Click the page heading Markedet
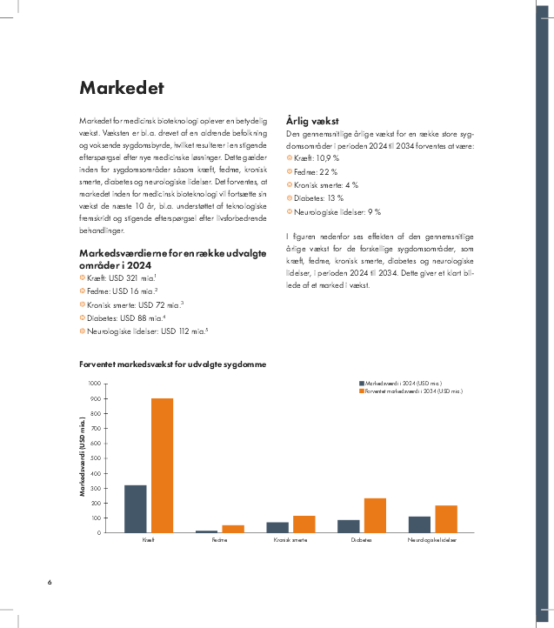122,88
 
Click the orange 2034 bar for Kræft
163,465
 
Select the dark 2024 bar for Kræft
135,509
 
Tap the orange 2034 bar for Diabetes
375,516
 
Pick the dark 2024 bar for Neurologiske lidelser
419,524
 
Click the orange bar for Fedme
233,529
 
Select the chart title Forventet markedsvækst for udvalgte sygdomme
172,364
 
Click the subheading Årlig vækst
312,121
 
